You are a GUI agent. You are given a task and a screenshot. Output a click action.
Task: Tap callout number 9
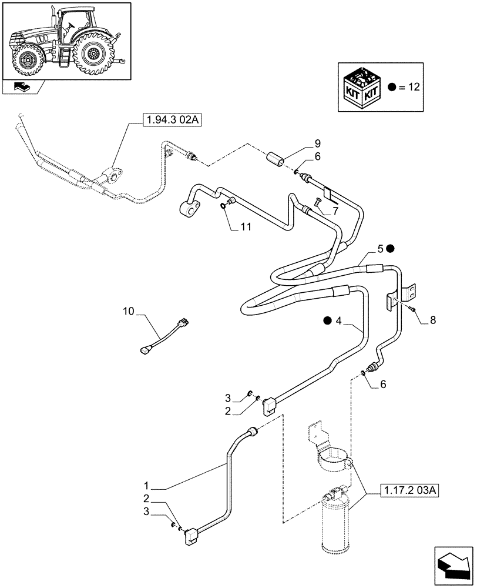click(x=317, y=143)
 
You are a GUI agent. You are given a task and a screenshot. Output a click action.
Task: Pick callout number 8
click(x=433, y=320)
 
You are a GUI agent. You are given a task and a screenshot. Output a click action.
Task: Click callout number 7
click(x=335, y=211)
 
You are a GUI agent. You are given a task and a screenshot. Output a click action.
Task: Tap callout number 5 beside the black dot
click(x=380, y=249)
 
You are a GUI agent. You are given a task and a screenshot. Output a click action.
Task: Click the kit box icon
click(x=363, y=87)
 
